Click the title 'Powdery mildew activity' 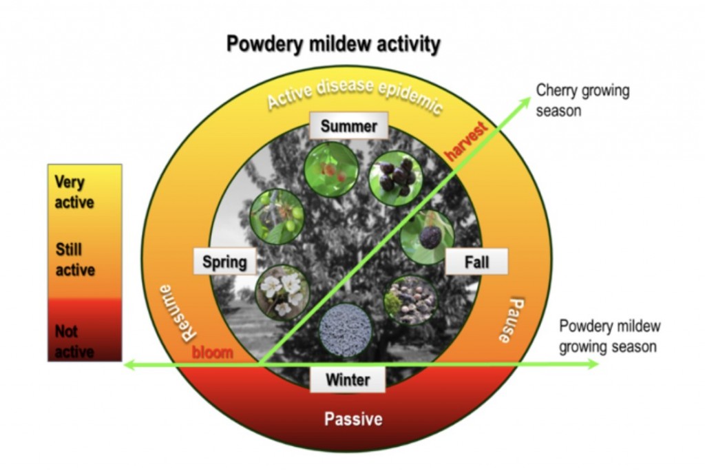pos(333,45)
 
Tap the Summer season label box pos(348,126)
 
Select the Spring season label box pos(224,262)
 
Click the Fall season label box pos(476,262)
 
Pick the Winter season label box pos(347,379)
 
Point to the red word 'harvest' pos(467,140)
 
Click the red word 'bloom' pos(212,353)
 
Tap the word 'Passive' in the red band pos(353,419)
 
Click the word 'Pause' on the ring pos(512,320)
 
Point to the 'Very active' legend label pos(74,192)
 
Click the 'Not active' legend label pos(74,341)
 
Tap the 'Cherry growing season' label pos(582,100)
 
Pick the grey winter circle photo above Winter pos(346,329)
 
